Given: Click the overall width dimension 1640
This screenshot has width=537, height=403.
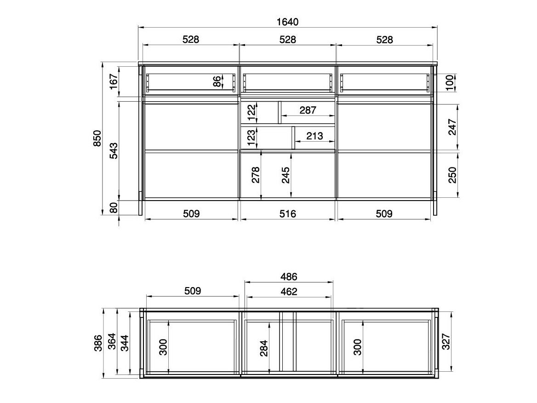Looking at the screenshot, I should click(x=288, y=22).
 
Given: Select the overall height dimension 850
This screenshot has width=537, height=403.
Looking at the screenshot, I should click(x=97, y=138).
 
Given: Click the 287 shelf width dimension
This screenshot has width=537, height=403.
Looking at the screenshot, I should click(x=308, y=110).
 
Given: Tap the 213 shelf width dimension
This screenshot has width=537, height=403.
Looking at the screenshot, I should click(x=314, y=136).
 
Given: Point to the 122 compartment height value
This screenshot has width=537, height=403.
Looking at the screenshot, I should click(x=251, y=112).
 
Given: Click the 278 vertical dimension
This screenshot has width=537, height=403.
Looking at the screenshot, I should click(x=256, y=175).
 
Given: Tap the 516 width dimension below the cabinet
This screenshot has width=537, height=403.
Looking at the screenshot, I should click(x=288, y=213).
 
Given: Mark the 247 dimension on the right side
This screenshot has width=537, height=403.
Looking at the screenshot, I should click(x=452, y=127).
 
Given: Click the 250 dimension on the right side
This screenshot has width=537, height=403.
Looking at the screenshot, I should click(x=452, y=175).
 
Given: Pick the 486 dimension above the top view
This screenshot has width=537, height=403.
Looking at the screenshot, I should click(x=289, y=276).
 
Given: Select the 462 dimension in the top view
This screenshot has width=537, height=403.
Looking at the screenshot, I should click(x=289, y=291).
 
